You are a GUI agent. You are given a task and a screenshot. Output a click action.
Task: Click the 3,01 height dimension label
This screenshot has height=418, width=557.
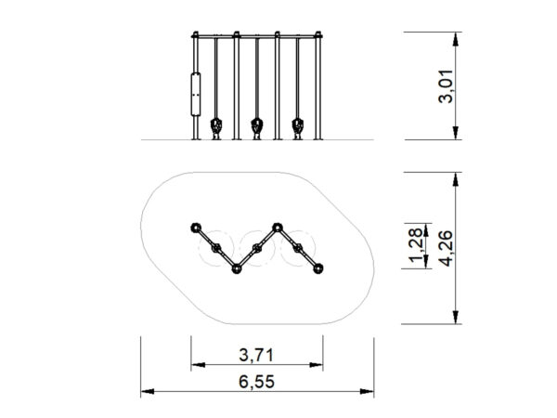[x=446, y=86]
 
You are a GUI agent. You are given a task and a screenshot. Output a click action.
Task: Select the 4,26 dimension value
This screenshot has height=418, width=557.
[x=446, y=248]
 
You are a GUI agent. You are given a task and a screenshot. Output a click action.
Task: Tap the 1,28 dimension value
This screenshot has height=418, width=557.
[x=416, y=245]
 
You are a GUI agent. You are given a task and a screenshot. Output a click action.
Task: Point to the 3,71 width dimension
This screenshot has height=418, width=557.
[x=256, y=355]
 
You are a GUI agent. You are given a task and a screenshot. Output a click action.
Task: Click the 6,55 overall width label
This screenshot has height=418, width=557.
[x=256, y=382]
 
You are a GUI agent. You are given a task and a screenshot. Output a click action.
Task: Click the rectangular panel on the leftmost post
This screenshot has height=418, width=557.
[x=196, y=94]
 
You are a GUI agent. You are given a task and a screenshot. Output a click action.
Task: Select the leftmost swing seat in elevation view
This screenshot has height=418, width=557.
[x=216, y=128]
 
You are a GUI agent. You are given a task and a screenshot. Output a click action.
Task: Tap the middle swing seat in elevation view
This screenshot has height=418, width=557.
[x=257, y=128]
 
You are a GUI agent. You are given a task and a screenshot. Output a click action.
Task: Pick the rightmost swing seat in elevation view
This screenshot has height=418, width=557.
[x=298, y=128]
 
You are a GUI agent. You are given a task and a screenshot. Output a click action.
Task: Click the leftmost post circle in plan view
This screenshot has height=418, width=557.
[x=196, y=228]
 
